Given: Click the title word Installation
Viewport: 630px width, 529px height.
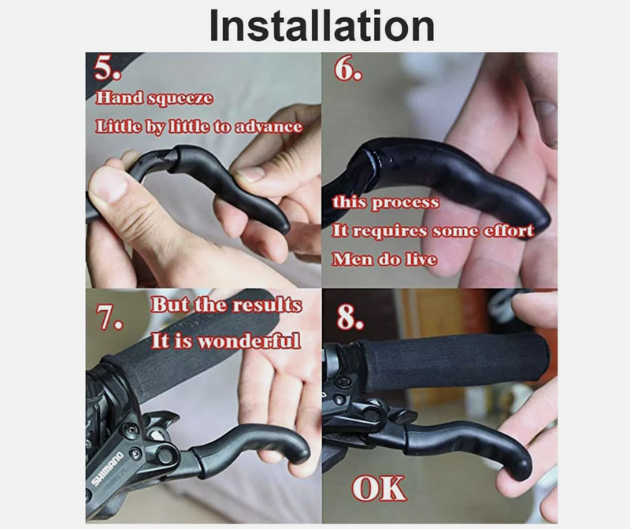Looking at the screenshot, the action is click(x=322, y=25).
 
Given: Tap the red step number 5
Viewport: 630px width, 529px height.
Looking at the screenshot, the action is click(x=107, y=68).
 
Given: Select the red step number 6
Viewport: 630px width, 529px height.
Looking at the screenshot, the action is click(x=348, y=68).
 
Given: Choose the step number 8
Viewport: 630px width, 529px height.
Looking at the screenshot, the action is click(x=350, y=317).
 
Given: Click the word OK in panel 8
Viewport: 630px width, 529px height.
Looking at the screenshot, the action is click(x=379, y=488).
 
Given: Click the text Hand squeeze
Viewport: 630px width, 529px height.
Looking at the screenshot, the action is click(x=154, y=98).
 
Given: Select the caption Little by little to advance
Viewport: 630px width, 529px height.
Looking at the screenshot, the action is click(x=199, y=127).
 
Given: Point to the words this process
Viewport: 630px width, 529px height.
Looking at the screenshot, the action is click(x=386, y=202).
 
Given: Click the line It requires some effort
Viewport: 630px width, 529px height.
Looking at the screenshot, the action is click(x=433, y=231).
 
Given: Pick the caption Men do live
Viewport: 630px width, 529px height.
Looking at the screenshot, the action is click(x=384, y=259).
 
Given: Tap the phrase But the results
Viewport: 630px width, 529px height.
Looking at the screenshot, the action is click(x=226, y=305).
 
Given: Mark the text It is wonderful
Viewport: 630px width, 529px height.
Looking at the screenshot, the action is click(x=226, y=341).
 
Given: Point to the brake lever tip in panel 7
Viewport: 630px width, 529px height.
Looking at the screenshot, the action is click(x=298, y=449).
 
